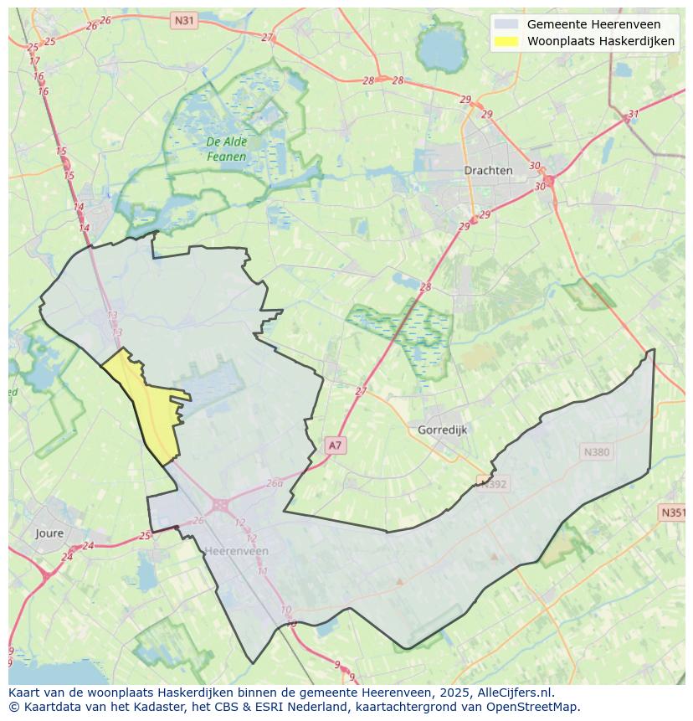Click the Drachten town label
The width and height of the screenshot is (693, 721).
[488, 170]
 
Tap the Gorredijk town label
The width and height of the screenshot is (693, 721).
[441, 430]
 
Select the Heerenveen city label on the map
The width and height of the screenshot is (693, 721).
[237, 551]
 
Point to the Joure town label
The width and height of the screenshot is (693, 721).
[49, 533]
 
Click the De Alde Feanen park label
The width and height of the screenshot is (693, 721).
[226, 149]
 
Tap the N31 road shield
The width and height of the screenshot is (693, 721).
[184, 19]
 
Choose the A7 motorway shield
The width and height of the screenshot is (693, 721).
[335, 445]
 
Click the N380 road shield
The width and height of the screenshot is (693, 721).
[596, 452]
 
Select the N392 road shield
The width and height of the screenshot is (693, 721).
[493, 482]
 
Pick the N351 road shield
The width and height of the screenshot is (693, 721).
[673, 512]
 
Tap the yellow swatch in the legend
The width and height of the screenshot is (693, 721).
[506, 41]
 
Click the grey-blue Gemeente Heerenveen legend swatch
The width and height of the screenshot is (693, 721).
[506, 24]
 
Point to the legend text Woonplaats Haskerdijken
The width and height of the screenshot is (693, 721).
[600, 41]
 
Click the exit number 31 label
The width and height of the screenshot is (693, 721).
[634, 115]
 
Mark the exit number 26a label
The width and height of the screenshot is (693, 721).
[275, 483]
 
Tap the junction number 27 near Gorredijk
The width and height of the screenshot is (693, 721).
[361, 391]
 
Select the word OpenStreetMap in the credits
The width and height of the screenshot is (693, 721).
[536, 707]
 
